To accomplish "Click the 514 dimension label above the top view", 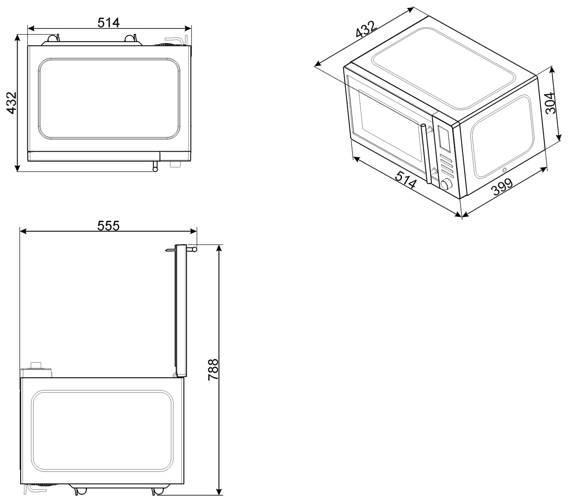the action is [x=108, y=23].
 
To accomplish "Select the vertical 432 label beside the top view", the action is [x=12, y=103].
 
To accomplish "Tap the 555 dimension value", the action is [x=108, y=225].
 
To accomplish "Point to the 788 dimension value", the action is [x=213, y=370].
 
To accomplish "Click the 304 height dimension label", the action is [x=550, y=103].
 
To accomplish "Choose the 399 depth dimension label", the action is [x=502, y=187].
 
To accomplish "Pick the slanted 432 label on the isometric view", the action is [x=365, y=29].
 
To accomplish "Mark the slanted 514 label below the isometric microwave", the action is [x=406, y=180].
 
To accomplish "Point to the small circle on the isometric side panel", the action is [x=505, y=170].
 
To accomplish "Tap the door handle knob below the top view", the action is [x=155, y=166].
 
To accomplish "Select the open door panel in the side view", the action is [x=181, y=310].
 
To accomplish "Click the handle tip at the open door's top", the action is [x=193, y=249].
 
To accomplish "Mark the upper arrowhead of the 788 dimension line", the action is [x=220, y=248].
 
